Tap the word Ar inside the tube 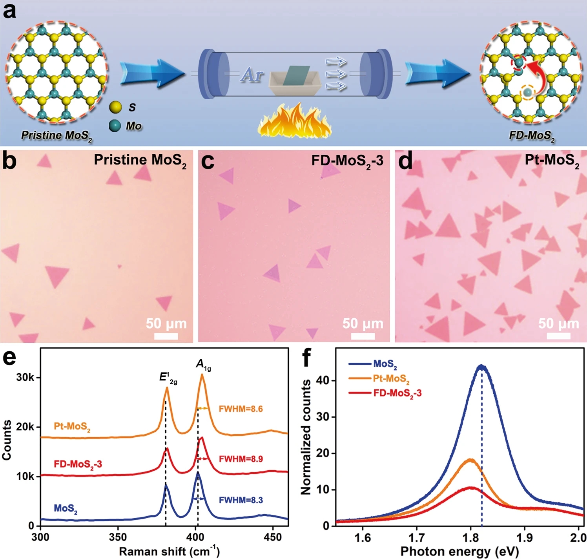pyautogui.click(x=252, y=74)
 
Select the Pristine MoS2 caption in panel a pyautogui.click(x=57, y=136)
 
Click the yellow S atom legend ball pyautogui.click(x=115, y=107)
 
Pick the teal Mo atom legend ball pyautogui.click(x=115, y=126)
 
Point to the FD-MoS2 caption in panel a pyautogui.click(x=532, y=136)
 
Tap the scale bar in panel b pyautogui.click(x=166, y=336)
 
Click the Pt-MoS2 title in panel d pyautogui.click(x=552, y=161)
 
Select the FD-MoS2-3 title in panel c pyautogui.click(x=347, y=161)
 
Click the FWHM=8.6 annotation pyautogui.click(x=241, y=409)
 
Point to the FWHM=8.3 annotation pyautogui.click(x=241, y=500)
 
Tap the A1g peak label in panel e pyautogui.click(x=203, y=365)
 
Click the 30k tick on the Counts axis pyautogui.click(x=25, y=378)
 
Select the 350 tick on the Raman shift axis pyautogui.click(x=117, y=537)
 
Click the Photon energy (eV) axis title pyautogui.click(x=459, y=551)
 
